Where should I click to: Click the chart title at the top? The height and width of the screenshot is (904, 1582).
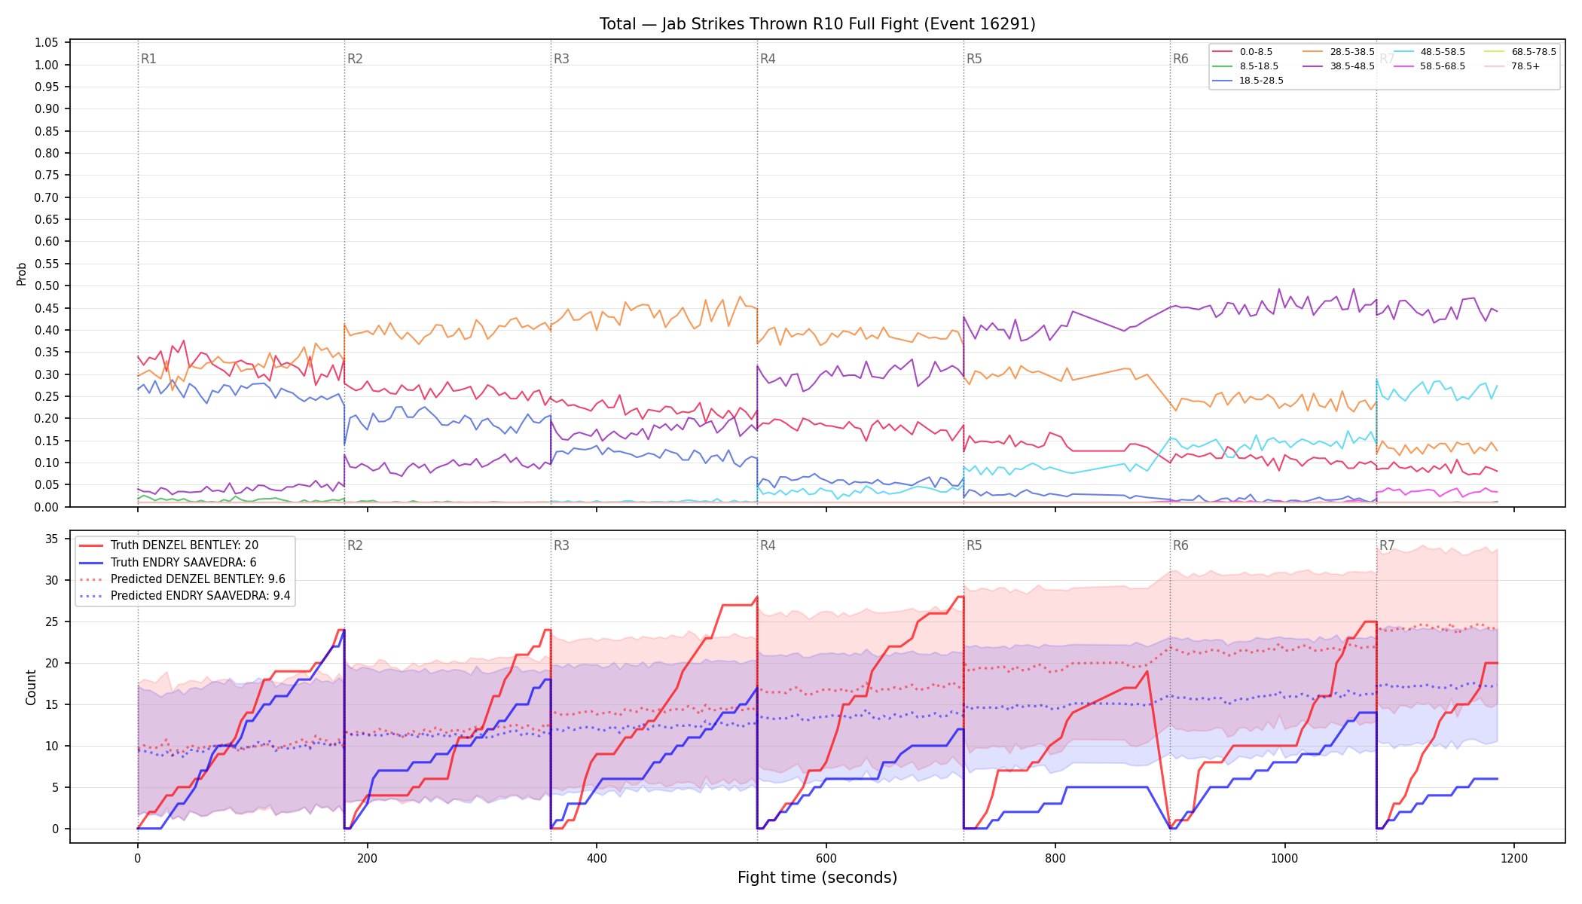(817, 24)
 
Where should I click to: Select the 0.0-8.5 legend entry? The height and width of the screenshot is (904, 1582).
(1243, 52)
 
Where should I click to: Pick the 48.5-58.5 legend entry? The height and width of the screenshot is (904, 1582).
(1429, 52)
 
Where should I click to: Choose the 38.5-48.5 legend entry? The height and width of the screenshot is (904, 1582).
(1339, 66)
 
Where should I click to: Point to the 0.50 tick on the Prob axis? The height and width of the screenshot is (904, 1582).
(47, 286)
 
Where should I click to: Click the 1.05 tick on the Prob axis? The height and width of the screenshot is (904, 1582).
(47, 43)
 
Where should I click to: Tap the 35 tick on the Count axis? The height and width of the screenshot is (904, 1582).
(52, 539)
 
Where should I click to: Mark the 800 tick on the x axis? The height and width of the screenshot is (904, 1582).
(1055, 858)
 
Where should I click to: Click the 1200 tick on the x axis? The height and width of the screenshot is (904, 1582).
(1514, 858)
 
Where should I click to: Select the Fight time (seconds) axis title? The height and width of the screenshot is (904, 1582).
(817, 878)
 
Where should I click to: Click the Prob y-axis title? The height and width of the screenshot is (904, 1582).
(22, 273)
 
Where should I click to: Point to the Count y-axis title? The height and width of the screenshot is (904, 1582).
(31, 687)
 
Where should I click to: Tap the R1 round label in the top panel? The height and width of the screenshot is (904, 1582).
(148, 59)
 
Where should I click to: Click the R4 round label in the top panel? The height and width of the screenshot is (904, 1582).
(768, 59)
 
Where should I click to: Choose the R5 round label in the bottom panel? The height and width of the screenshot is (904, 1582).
(974, 545)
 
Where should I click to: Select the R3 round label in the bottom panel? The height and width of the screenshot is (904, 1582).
(561, 545)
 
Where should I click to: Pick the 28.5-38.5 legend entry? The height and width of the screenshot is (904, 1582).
(1339, 52)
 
